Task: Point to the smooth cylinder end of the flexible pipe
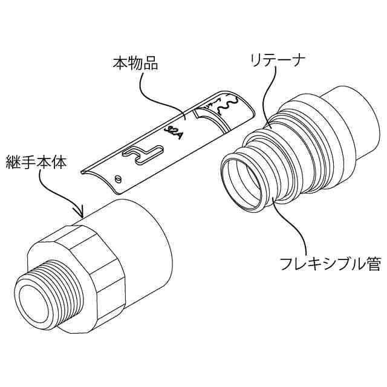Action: click(345, 118)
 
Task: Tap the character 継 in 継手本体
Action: click(13, 161)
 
